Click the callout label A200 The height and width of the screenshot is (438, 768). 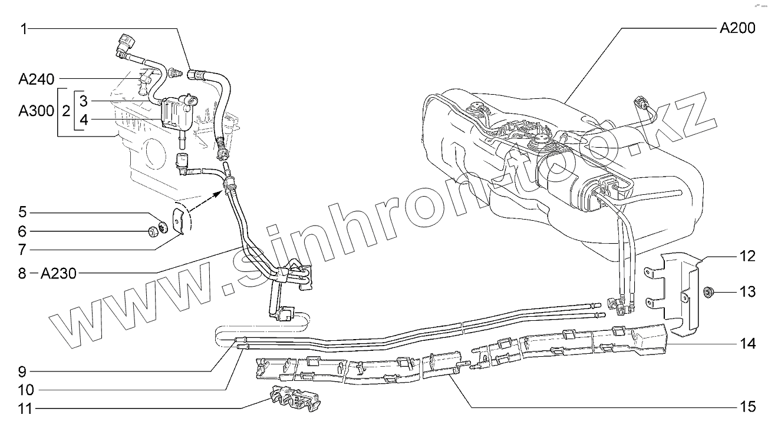tap(737, 28)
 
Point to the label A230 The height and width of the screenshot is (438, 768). tap(59, 273)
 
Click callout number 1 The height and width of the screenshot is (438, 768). tap(23, 28)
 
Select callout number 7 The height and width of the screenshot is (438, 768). tap(22, 249)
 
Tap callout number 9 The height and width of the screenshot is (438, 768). tap(22, 371)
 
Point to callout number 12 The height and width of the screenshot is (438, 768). tap(747, 257)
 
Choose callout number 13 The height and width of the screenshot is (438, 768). tap(747, 291)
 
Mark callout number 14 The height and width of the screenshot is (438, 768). tap(747, 344)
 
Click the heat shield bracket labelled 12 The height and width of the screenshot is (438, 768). tap(678, 294)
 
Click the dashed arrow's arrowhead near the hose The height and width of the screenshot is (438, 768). tap(219, 189)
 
